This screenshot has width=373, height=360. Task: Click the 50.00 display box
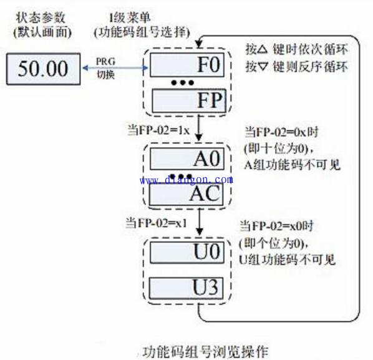point(44,69)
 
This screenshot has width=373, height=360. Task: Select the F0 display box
point(186,65)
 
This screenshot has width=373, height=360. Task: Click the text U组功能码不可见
point(287,260)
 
